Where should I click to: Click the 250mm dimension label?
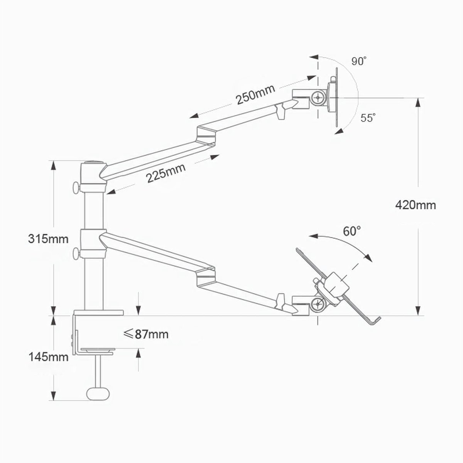[255, 95]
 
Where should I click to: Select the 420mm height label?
[415, 204]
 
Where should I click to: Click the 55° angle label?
[368, 118]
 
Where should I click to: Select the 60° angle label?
[352, 231]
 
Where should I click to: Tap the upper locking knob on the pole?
[75, 188]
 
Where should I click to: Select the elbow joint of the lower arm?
[205, 275]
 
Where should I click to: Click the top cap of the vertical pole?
[93, 164]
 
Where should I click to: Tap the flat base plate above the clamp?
[98, 313]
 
